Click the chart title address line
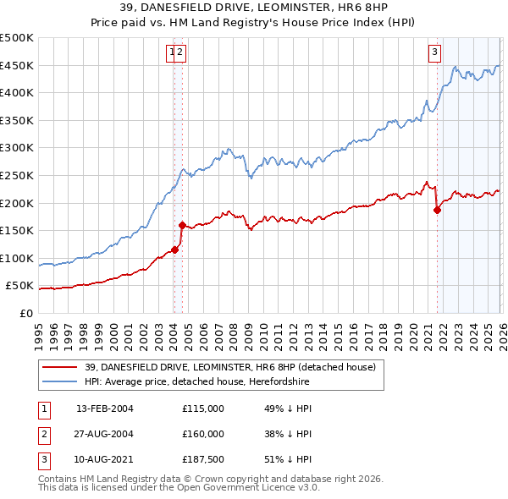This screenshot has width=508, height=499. pyautogui.click(x=253, y=8)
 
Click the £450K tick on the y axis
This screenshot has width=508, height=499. pyautogui.click(x=17, y=65)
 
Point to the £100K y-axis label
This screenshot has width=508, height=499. pyautogui.click(x=17, y=258)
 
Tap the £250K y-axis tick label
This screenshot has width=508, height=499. pyautogui.click(x=17, y=175)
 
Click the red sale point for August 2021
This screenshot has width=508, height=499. pyautogui.click(x=437, y=211)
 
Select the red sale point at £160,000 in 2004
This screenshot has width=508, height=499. pyautogui.click(x=183, y=225)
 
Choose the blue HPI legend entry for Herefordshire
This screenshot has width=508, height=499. pyautogui.click(x=197, y=381)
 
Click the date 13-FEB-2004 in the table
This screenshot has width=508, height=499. pyautogui.click(x=105, y=409)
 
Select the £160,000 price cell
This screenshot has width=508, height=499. pyautogui.click(x=203, y=434)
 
